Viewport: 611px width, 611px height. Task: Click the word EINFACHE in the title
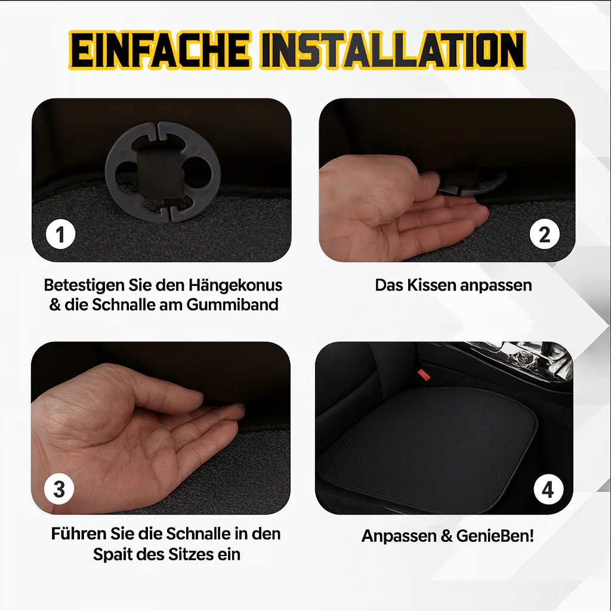tap(160, 51)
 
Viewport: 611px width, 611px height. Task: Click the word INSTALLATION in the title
tap(393, 51)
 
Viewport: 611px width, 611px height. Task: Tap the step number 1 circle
tap(60, 234)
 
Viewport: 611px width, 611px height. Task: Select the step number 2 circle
tap(544, 234)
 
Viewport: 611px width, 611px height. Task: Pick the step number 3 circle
tap(59, 489)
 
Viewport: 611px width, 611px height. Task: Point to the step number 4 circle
tap(548, 489)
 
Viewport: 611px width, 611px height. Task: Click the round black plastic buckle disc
tap(163, 172)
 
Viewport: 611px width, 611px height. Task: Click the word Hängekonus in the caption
tap(235, 285)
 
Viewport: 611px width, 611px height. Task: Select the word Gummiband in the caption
tap(232, 305)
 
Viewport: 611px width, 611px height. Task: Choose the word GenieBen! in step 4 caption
tap(495, 536)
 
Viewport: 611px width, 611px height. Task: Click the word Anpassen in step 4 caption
tap(399, 536)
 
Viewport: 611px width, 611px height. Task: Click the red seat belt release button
tap(424, 375)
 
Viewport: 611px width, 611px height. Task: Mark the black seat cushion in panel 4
tap(427, 448)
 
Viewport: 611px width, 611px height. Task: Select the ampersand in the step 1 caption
tap(55, 305)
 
